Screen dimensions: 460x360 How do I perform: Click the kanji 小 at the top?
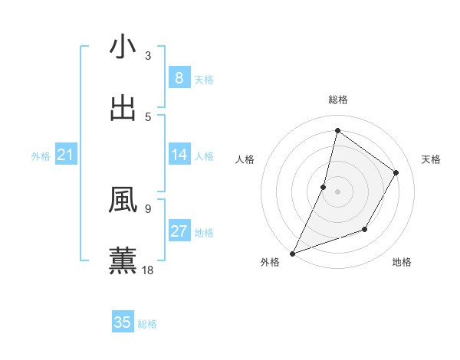click(123, 47)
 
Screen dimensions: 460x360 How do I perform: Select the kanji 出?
click(123, 109)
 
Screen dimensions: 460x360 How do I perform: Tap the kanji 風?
click(123, 201)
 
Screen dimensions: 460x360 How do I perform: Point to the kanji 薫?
click(123, 260)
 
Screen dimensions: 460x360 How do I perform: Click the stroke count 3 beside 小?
click(147, 56)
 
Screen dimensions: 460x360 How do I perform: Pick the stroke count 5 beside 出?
click(147, 116)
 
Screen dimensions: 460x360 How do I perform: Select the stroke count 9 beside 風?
click(147, 208)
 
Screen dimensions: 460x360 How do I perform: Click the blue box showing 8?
click(179, 77)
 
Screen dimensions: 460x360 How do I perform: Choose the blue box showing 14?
click(179, 155)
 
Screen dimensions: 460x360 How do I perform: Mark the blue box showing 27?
click(179, 231)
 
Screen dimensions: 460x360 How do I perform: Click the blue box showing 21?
click(66, 155)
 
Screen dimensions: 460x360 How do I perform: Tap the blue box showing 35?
click(123, 322)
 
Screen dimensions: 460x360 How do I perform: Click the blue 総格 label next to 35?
click(147, 324)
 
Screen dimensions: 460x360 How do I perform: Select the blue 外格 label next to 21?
click(41, 156)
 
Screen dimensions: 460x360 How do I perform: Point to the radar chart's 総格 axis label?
click(337, 100)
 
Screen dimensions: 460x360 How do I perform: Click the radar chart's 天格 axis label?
click(431, 159)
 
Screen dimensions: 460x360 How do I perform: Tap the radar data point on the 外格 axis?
click(292, 253)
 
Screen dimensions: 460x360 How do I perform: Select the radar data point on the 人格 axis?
click(324, 187)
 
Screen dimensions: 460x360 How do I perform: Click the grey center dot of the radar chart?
click(337, 191)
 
